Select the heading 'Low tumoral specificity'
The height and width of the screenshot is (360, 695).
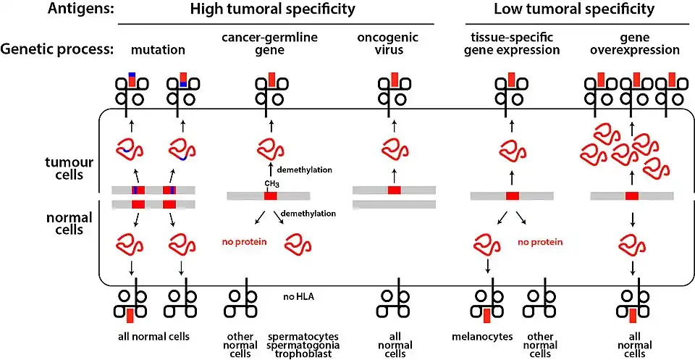574,10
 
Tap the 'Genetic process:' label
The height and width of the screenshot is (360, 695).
59,50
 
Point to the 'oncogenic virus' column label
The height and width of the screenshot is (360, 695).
394,45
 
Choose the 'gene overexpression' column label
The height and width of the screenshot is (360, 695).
635,45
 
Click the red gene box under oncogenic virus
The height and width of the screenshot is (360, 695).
394,190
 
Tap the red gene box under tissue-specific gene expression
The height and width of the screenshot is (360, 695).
513,196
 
